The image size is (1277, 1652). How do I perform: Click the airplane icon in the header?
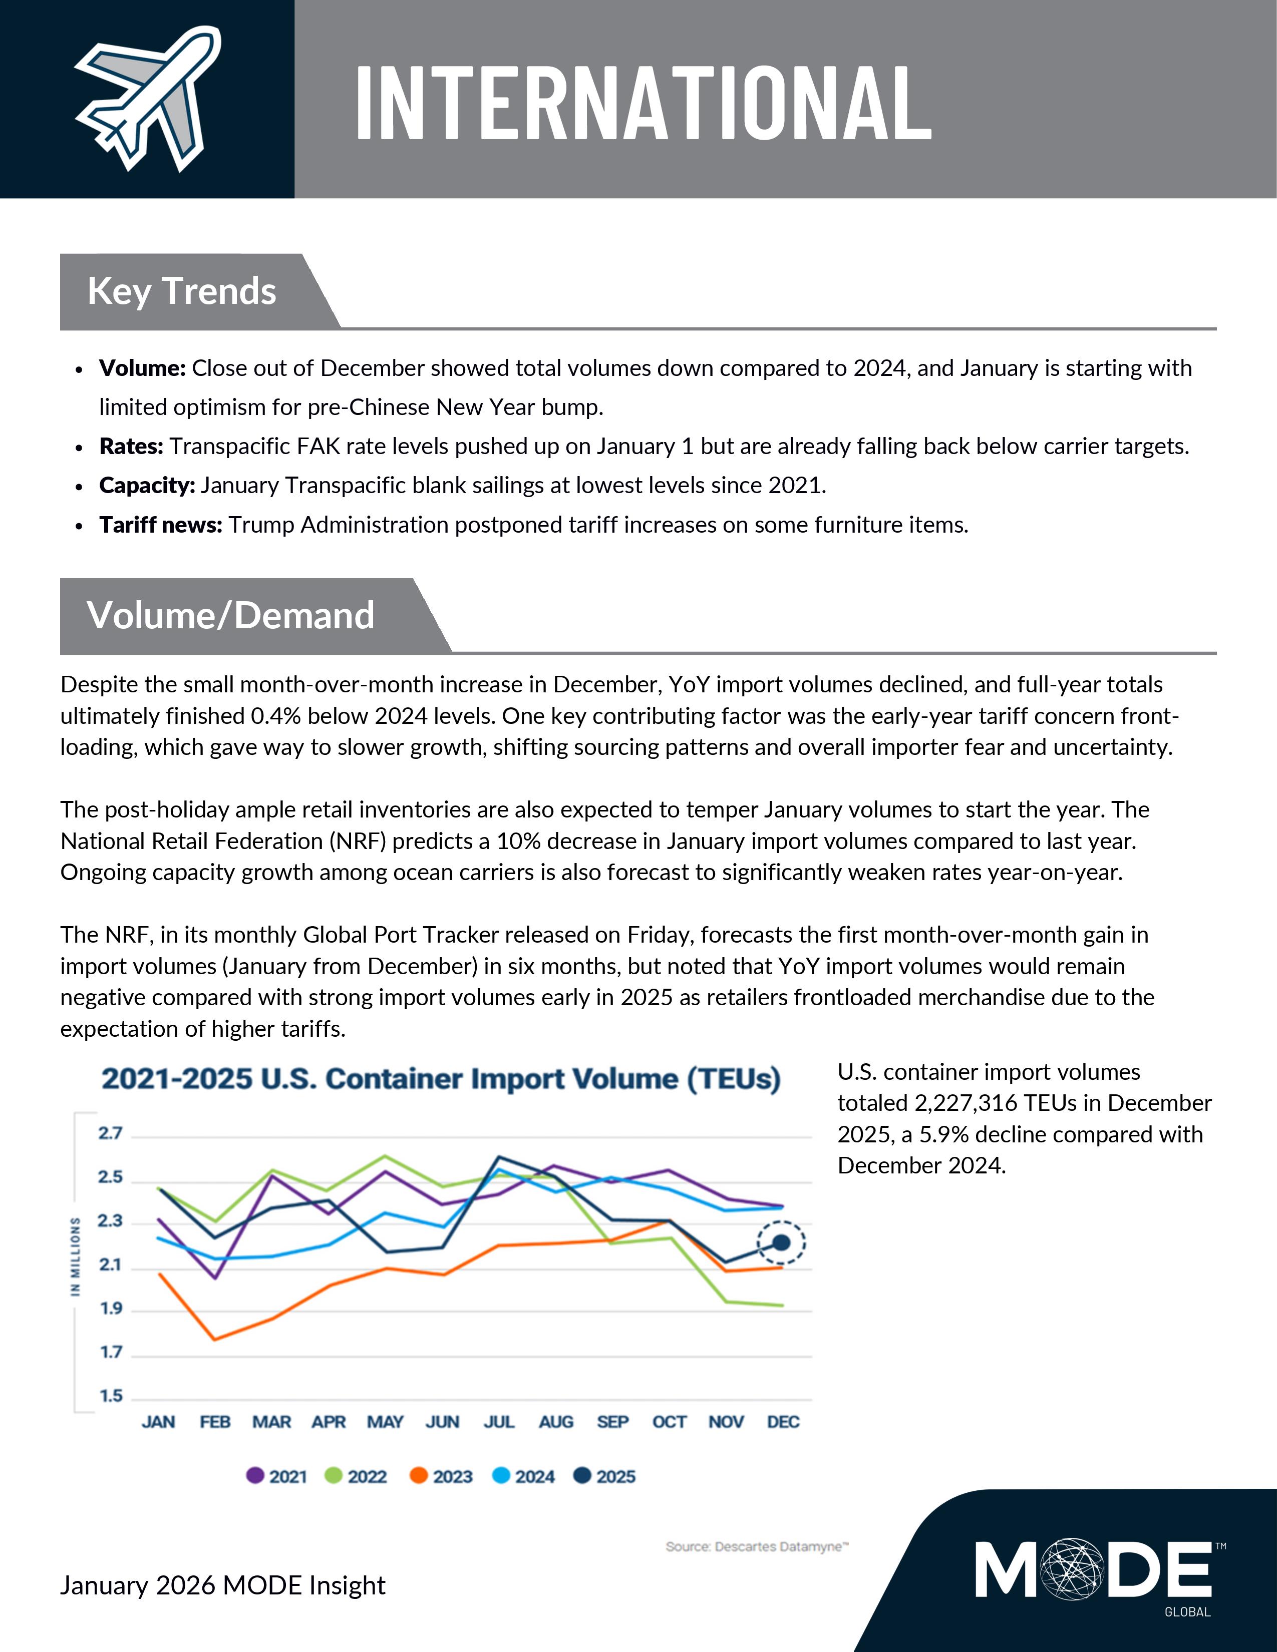point(147,98)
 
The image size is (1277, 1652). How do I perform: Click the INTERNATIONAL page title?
point(643,103)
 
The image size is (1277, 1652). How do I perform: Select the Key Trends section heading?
point(182,291)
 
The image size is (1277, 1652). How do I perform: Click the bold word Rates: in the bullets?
point(131,446)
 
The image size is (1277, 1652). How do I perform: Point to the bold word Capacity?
point(147,486)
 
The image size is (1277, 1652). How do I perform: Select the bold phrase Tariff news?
point(160,525)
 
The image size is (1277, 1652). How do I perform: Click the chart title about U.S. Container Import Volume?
point(441,1079)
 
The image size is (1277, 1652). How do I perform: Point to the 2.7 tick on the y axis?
point(110,1133)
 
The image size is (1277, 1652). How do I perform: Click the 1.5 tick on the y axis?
point(111,1396)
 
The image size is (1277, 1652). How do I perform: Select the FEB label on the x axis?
point(215,1422)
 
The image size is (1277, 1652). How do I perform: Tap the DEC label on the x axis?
point(783,1422)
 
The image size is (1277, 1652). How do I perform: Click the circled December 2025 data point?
point(782,1243)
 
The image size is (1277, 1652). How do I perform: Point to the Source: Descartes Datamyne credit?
point(757,1547)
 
